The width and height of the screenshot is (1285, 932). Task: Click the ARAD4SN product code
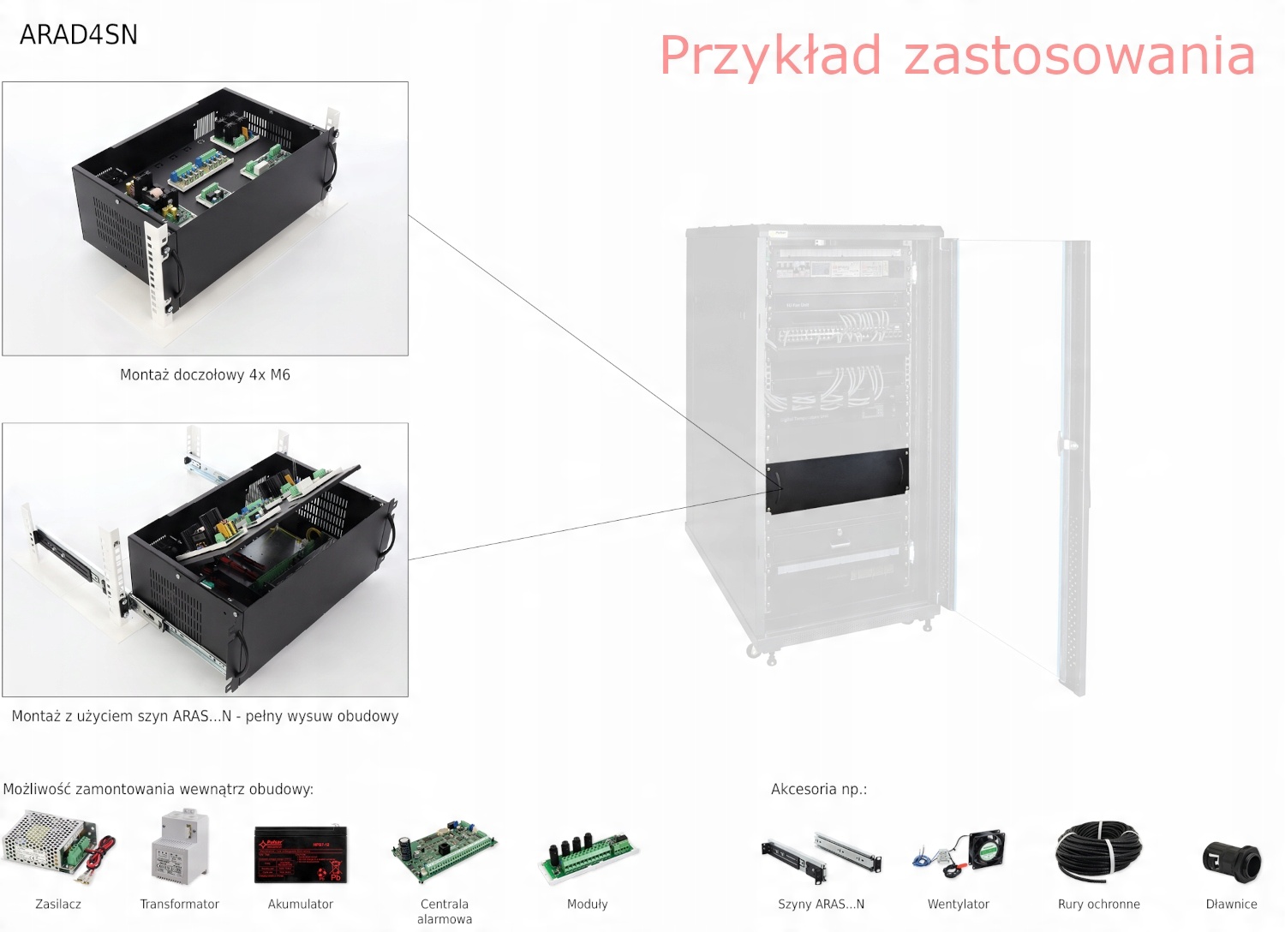click(x=78, y=34)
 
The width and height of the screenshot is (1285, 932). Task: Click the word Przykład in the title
click(x=769, y=56)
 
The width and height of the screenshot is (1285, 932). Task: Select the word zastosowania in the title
click(x=1079, y=56)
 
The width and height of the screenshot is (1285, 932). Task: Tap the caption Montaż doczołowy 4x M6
click(x=205, y=374)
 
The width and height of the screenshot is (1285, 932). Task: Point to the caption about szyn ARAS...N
click(x=205, y=716)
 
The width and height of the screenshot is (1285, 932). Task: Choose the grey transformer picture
click(x=180, y=848)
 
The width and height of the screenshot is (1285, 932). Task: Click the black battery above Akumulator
click(x=301, y=853)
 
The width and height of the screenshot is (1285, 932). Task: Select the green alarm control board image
click(x=444, y=851)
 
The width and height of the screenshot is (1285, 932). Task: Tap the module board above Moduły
click(x=588, y=855)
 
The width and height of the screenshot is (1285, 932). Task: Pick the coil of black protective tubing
click(x=1099, y=851)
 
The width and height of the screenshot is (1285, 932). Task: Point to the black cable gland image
click(x=1231, y=859)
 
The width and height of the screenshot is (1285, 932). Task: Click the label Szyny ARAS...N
click(x=821, y=904)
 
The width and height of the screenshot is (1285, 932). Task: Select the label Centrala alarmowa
click(x=444, y=911)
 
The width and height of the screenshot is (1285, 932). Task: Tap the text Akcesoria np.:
click(x=818, y=789)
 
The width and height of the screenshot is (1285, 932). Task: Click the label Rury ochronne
click(x=1098, y=904)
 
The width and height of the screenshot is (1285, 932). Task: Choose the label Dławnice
click(x=1231, y=904)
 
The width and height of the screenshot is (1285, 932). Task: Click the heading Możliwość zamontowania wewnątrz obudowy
click(x=158, y=789)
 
